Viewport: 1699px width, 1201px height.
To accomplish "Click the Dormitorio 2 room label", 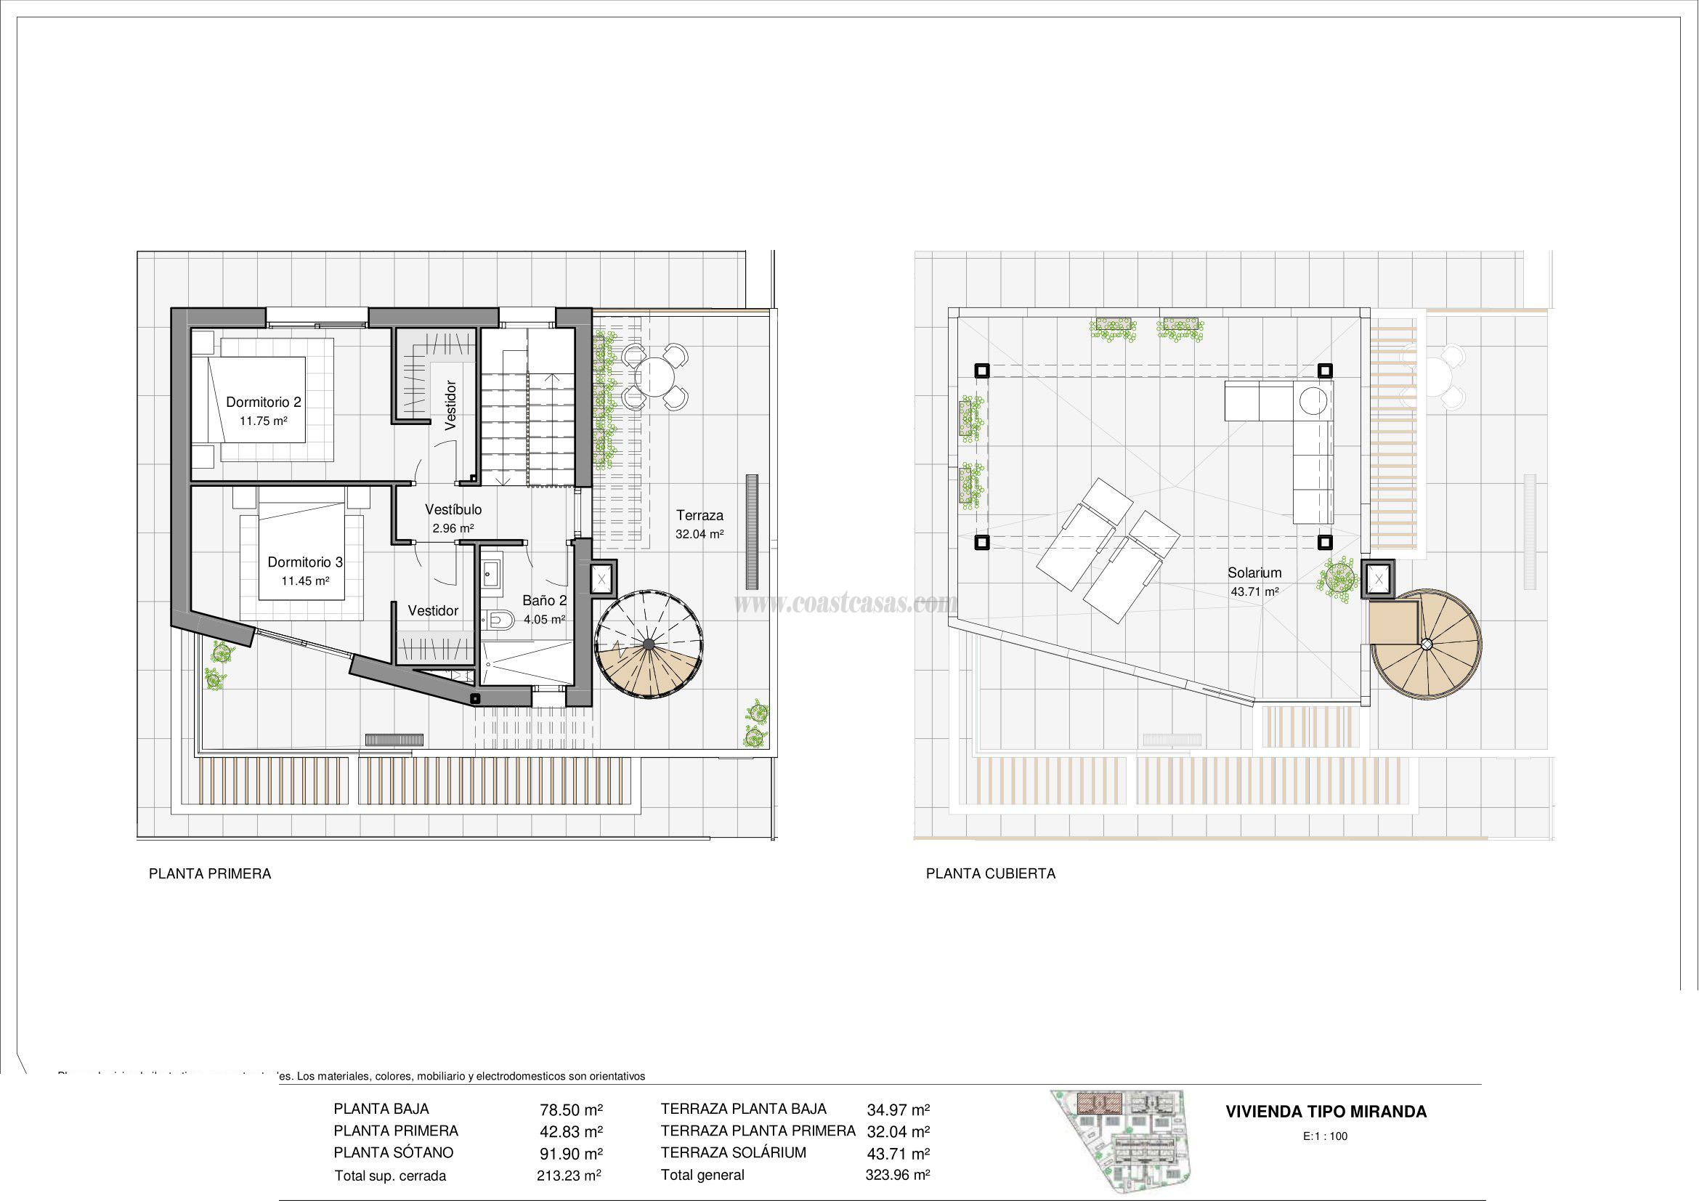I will pyautogui.click(x=264, y=402).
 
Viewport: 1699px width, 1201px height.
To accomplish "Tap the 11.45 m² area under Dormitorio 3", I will pyautogui.click(x=305, y=581).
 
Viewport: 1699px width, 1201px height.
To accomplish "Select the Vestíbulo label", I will pyautogui.click(x=453, y=509).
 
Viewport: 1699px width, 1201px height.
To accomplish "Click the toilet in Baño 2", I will pyautogui.click(x=501, y=618).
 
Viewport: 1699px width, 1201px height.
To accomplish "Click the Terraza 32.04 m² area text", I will pyautogui.click(x=700, y=533).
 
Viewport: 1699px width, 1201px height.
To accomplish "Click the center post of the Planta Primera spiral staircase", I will pyautogui.click(x=649, y=644).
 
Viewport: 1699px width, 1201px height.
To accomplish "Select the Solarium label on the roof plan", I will pyautogui.click(x=1254, y=572).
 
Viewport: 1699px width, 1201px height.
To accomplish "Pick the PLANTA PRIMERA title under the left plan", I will pyautogui.click(x=210, y=873).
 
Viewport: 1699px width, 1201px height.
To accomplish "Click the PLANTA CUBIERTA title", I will pyautogui.click(x=990, y=873).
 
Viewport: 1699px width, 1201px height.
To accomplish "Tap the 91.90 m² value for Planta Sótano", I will pyautogui.click(x=570, y=1154).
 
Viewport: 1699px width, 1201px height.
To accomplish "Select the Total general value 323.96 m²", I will pyautogui.click(x=897, y=1174).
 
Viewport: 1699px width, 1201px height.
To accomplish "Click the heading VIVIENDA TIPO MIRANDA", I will pyautogui.click(x=1326, y=1112).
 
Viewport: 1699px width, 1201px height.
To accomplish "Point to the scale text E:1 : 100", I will pyautogui.click(x=1326, y=1136).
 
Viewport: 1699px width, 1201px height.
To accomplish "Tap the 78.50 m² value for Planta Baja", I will pyautogui.click(x=570, y=1110).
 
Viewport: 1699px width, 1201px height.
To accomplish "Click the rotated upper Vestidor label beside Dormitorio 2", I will pyautogui.click(x=450, y=405).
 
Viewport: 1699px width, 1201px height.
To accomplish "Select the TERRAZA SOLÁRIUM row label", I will pyautogui.click(x=733, y=1152).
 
